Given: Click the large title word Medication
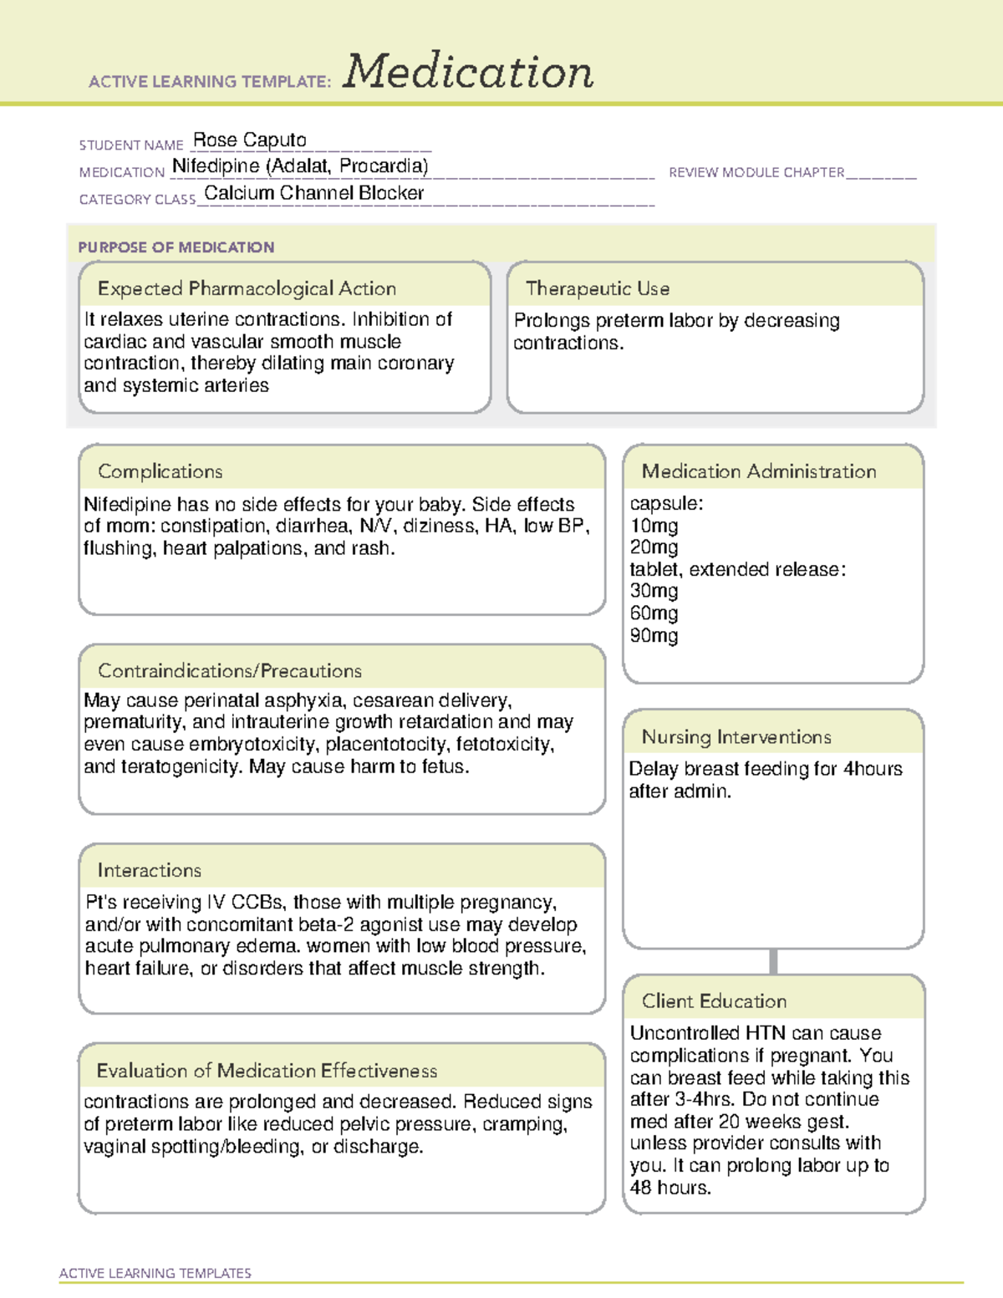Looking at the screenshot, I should point(468,72).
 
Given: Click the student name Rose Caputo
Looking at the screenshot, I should point(249,140).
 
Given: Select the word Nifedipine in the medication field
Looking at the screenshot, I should point(216,166).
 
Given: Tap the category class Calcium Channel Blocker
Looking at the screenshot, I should point(313,193).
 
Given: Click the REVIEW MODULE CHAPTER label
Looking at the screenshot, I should point(756,172).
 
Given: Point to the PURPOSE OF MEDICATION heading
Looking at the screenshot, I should point(176,247).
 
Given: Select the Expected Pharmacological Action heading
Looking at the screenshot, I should point(247,288).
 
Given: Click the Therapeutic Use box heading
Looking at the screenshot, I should point(598,288).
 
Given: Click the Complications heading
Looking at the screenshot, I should point(160,471).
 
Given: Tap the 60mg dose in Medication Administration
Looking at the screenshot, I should point(654,613).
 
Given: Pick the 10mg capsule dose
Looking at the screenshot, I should point(654,526).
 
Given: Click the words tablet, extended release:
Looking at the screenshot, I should point(737,569).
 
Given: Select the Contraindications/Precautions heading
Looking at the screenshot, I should point(229,671).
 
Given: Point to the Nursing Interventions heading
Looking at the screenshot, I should point(736,737).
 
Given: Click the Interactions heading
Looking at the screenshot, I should point(149,871).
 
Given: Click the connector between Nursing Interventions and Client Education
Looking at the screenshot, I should point(773,961).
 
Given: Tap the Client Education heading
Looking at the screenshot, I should point(714,1001).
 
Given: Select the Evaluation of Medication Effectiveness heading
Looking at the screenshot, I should point(267,1071).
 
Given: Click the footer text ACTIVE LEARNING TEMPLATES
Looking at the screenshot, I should point(155,1273).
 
